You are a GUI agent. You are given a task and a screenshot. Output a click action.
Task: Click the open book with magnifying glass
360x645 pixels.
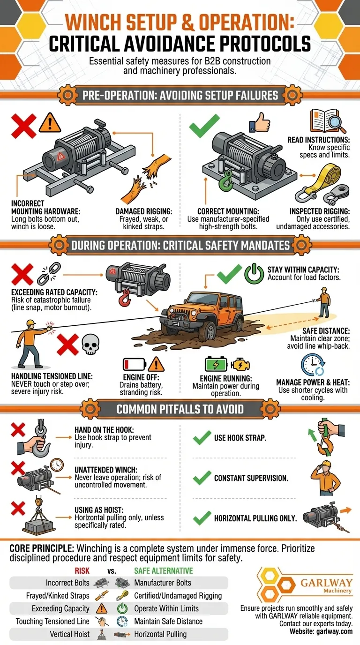(328, 121)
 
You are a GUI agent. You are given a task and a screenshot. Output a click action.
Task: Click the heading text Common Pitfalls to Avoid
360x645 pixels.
(180, 409)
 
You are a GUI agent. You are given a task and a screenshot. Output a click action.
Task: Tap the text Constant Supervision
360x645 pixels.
(251, 478)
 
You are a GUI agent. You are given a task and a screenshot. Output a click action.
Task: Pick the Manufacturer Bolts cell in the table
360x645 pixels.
(163, 583)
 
